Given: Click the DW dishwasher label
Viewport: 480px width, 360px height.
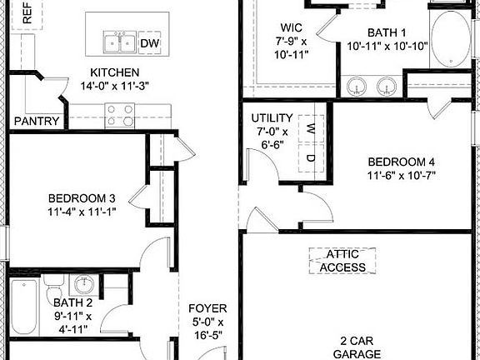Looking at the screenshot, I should (x=149, y=43).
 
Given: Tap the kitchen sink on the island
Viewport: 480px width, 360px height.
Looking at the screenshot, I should (x=120, y=42).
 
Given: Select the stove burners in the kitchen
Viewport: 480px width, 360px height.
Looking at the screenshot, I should (x=119, y=113).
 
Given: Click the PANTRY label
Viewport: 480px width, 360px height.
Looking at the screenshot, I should (x=37, y=122).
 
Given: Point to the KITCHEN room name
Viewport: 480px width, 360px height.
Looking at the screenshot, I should (x=115, y=72).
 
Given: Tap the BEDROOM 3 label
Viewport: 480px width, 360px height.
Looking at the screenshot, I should (x=81, y=198).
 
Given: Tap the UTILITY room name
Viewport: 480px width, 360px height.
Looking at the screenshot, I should (x=271, y=118).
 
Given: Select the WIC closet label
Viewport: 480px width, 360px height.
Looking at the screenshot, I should (x=290, y=26).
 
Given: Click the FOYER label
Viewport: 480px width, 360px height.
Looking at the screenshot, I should (x=207, y=307).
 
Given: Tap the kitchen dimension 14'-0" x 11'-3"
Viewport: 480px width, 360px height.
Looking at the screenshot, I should (x=115, y=86).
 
